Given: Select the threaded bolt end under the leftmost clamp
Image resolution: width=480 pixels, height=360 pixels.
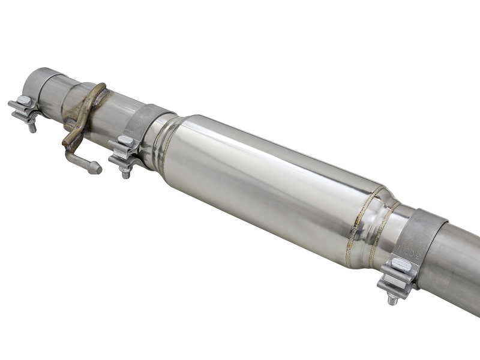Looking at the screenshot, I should [32, 127].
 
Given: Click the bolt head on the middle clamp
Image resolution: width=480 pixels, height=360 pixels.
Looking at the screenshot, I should [125, 141].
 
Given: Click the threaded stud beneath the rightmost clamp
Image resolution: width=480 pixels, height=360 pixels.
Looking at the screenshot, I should [393, 298].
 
